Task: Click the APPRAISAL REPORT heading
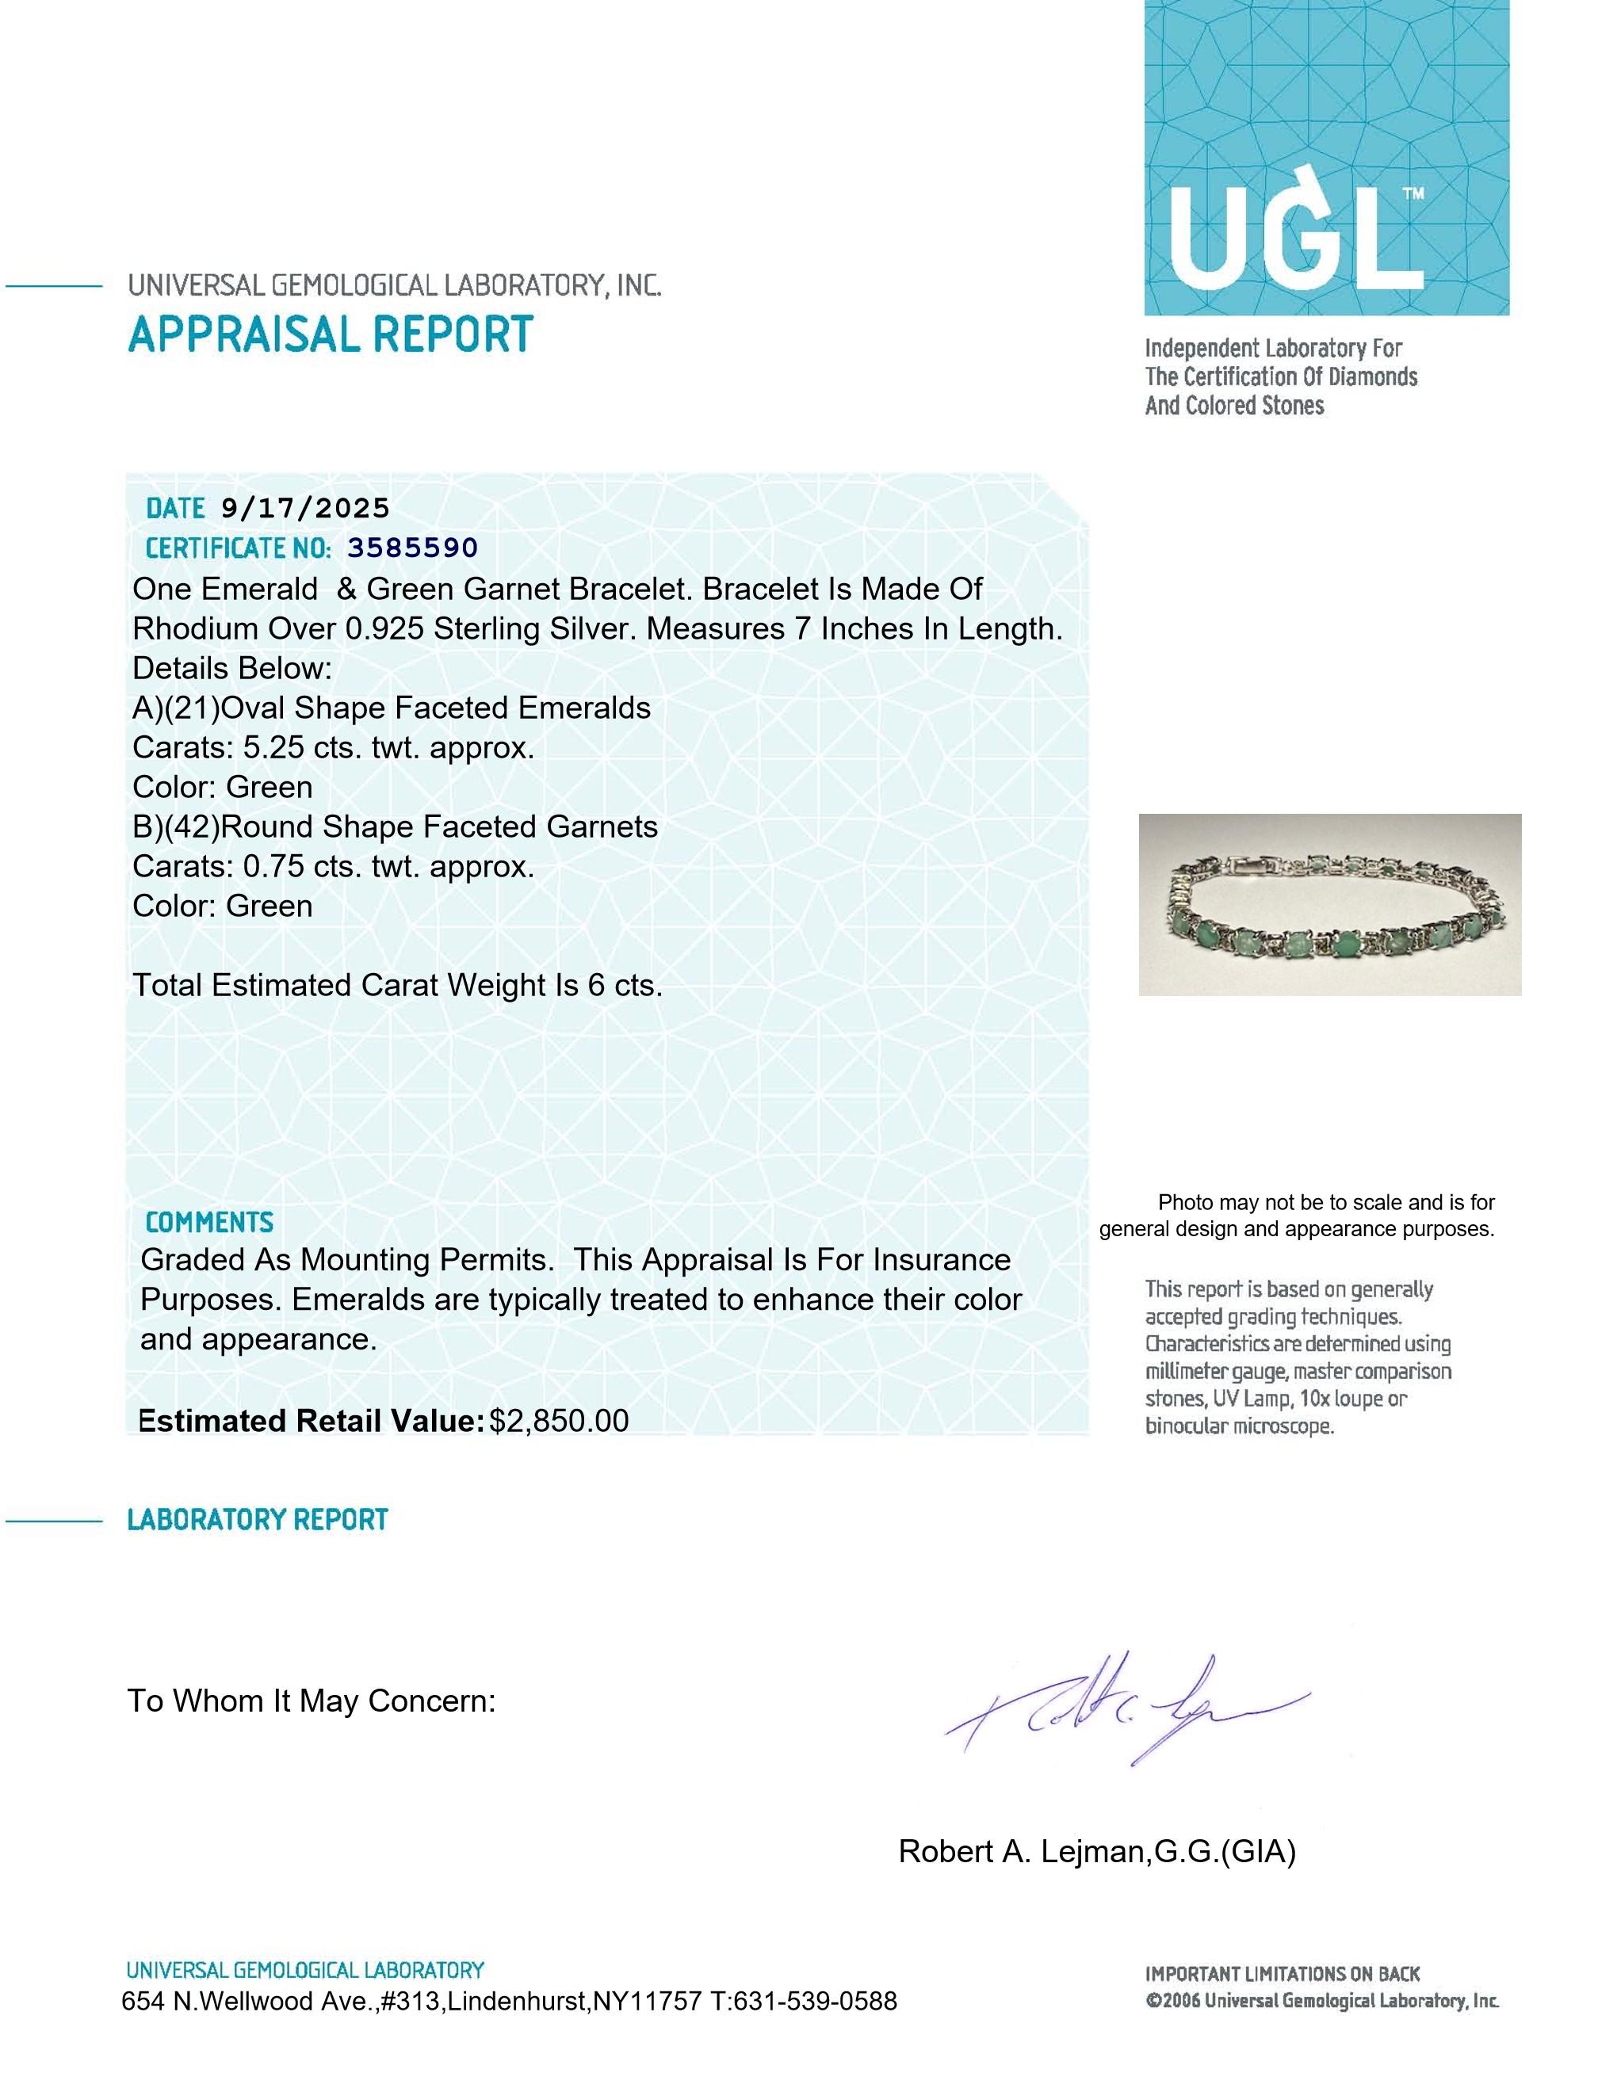(x=331, y=334)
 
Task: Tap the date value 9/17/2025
(x=304, y=509)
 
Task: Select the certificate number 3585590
(x=412, y=548)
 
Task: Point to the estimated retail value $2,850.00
(x=559, y=1421)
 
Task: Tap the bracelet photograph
(x=1328, y=904)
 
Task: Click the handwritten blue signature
(x=1126, y=1710)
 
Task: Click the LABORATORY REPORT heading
(x=257, y=1520)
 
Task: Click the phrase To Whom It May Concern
(x=312, y=1701)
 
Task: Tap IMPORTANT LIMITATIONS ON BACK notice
(x=1282, y=1973)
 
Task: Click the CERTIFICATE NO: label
(x=238, y=548)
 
